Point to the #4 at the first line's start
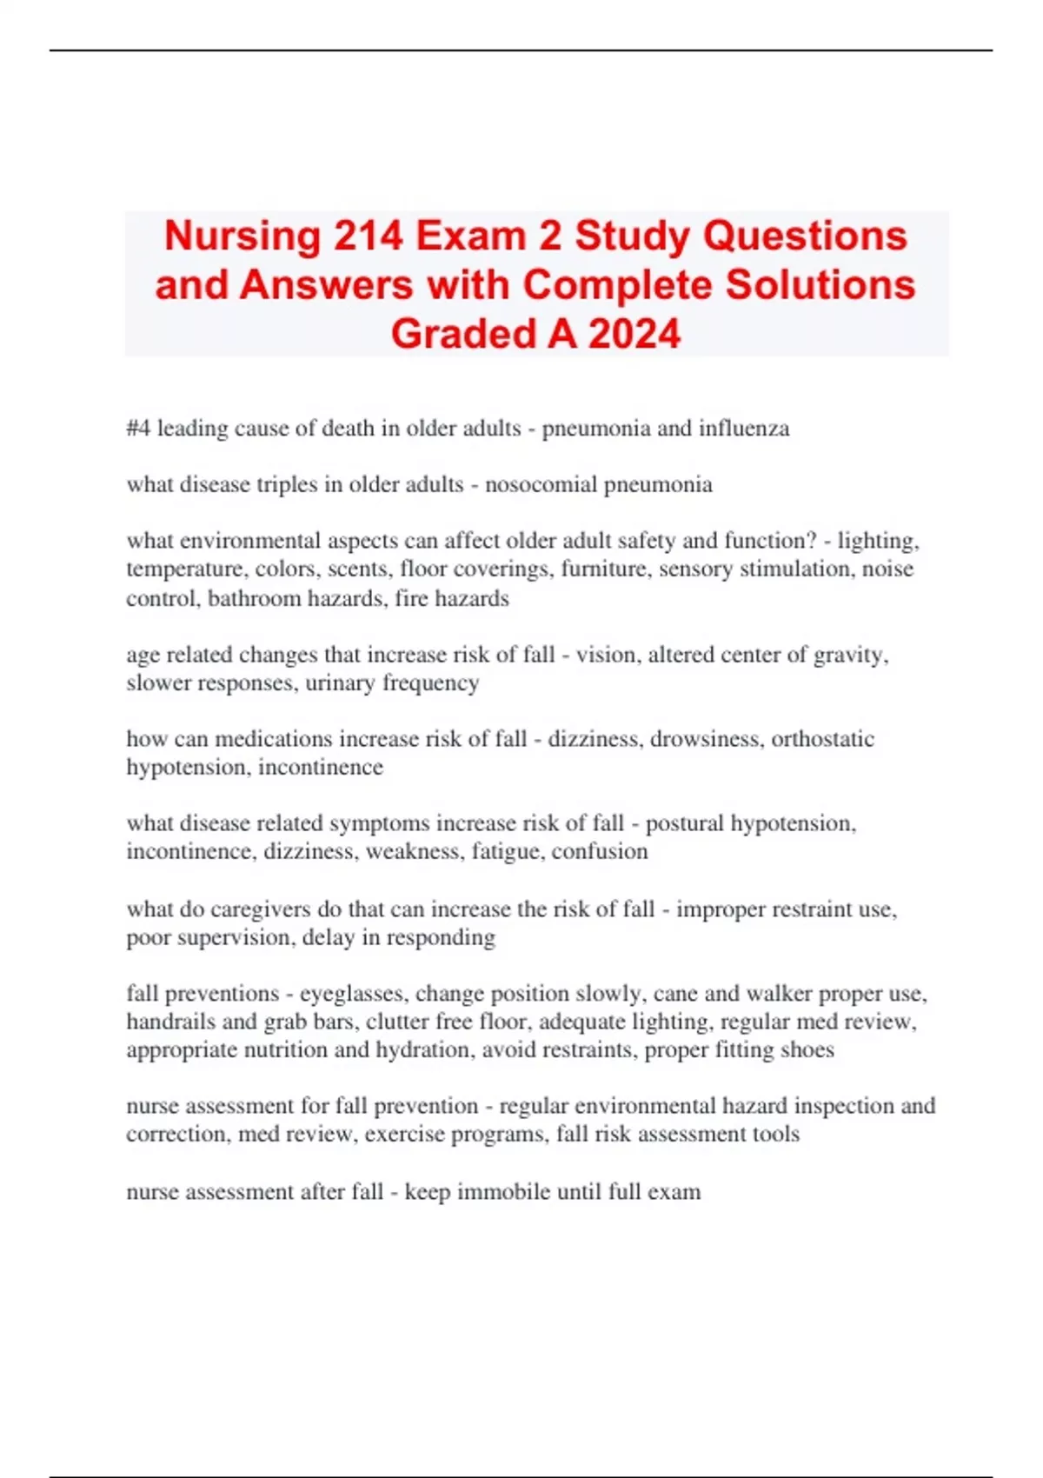(x=138, y=428)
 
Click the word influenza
(x=745, y=428)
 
